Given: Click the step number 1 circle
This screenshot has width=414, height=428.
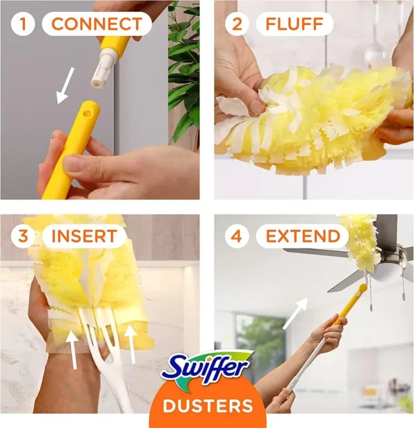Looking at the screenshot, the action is [x=23, y=23].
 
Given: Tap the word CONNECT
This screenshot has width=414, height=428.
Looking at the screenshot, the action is [x=97, y=24].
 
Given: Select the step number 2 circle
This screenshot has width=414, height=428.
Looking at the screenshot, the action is [x=237, y=23].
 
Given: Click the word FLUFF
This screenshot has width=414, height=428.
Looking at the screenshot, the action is [x=295, y=24].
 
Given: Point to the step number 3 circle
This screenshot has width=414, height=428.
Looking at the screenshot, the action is [x=23, y=236].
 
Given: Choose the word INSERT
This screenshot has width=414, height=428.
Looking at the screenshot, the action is [x=84, y=236].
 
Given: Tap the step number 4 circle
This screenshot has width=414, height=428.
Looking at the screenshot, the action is [x=237, y=236].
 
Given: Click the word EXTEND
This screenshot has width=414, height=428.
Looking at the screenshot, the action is [x=303, y=236].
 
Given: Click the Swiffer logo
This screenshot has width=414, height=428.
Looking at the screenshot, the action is [x=206, y=369].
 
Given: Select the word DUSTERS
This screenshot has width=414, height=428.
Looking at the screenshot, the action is [x=208, y=406].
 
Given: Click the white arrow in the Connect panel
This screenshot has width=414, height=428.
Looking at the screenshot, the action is [x=65, y=86].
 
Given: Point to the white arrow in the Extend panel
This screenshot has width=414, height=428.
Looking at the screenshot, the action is [x=295, y=313].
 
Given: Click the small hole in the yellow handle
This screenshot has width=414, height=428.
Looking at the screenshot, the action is [x=87, y=113].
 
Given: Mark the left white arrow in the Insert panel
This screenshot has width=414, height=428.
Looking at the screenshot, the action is [x=73, y=349].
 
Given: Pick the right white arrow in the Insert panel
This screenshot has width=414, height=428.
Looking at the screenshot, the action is [x=131, y=344].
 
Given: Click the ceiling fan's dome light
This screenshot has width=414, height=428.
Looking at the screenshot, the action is [x=385, y=273].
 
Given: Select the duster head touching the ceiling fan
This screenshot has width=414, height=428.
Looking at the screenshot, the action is [x=362, y=241].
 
